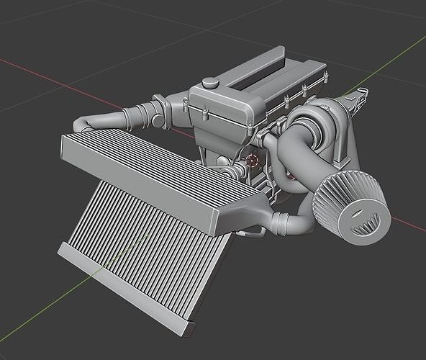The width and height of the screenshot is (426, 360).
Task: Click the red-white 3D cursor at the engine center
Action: pyautogui.click(x=253, y=160)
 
